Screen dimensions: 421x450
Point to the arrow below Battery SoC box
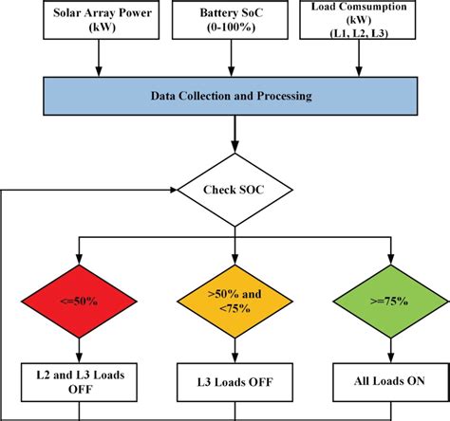tap(230, 61)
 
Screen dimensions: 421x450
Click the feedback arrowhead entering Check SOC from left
tap(173, 190)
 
